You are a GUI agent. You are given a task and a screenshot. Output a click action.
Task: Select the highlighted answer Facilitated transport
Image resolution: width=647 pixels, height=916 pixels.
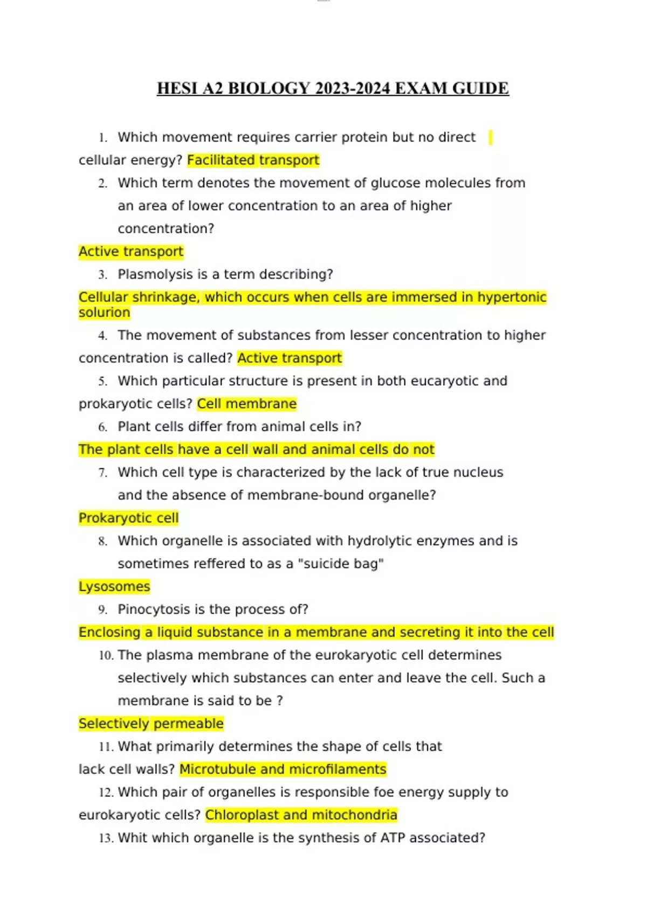(x=253, y=160)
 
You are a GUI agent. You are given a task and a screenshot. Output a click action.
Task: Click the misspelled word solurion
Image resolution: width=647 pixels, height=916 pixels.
(x=104, y=313)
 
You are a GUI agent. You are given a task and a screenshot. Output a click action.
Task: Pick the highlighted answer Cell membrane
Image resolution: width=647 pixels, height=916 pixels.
(x=246, y=404)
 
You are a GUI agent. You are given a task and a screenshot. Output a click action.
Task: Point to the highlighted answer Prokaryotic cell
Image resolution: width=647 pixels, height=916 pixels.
(x=128, y=518)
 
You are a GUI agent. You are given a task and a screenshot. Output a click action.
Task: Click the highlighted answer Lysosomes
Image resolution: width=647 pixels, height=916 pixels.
(x=114, y=586)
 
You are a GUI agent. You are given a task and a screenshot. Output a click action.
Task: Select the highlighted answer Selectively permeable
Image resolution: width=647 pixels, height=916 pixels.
(x=151, y=724)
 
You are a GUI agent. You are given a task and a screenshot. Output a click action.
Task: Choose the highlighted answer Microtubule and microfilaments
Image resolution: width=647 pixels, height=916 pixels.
(x=283, y=769)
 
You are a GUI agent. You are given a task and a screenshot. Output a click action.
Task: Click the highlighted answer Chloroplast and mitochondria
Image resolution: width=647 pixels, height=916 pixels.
(x=301, y=815)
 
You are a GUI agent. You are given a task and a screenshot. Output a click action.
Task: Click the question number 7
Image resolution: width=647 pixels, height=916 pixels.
(x=102, y=473)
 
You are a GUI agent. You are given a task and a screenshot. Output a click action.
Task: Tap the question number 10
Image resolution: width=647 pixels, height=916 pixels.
(x=106, y=655)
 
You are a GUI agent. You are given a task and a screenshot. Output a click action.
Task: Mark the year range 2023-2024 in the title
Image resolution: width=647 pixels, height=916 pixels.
(x=353, y=88)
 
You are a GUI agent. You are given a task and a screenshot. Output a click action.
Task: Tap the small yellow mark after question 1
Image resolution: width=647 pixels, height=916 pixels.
(x=490, y=137)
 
